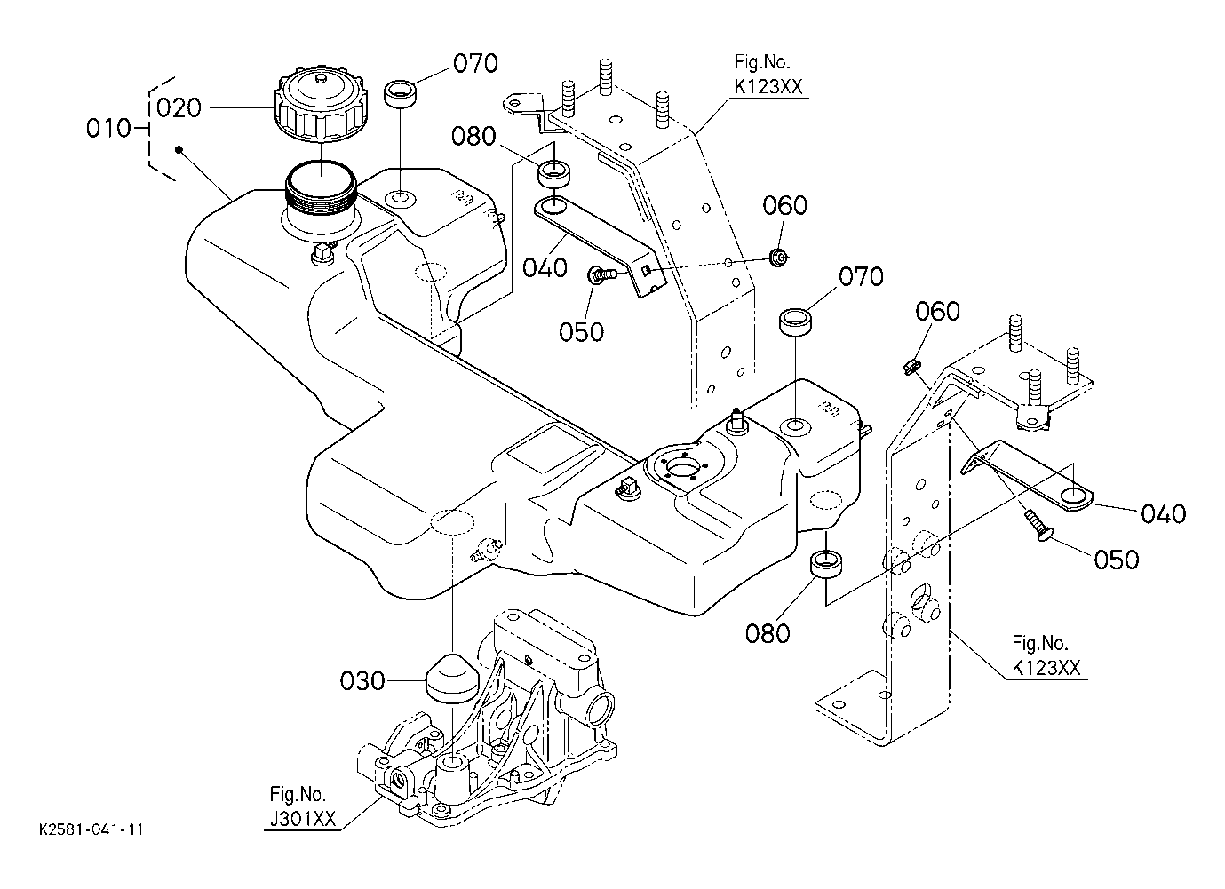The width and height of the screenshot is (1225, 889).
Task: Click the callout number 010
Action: tap(109, 129)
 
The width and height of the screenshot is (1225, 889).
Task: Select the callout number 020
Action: tap(179, 108)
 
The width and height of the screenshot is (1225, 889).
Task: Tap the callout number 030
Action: tap(362, 681)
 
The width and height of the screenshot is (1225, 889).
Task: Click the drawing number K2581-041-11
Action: tap(91, 829)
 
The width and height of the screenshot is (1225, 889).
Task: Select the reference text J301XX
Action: tap(302, 819)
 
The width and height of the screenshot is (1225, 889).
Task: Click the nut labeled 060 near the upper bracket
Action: tap(777, 256)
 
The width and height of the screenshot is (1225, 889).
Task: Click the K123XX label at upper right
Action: tap(768, 87)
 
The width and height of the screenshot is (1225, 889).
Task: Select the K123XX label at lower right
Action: tap(1046, 668)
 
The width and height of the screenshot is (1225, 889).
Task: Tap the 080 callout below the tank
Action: tap(768, 634)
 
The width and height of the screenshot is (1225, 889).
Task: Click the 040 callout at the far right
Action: tap(1163, 514)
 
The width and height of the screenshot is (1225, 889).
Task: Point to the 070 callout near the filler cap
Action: tap(475, 63)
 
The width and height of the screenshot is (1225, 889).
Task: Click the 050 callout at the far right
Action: tap(1116, 560)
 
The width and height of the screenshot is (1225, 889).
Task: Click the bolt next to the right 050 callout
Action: tap(1038, 525)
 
